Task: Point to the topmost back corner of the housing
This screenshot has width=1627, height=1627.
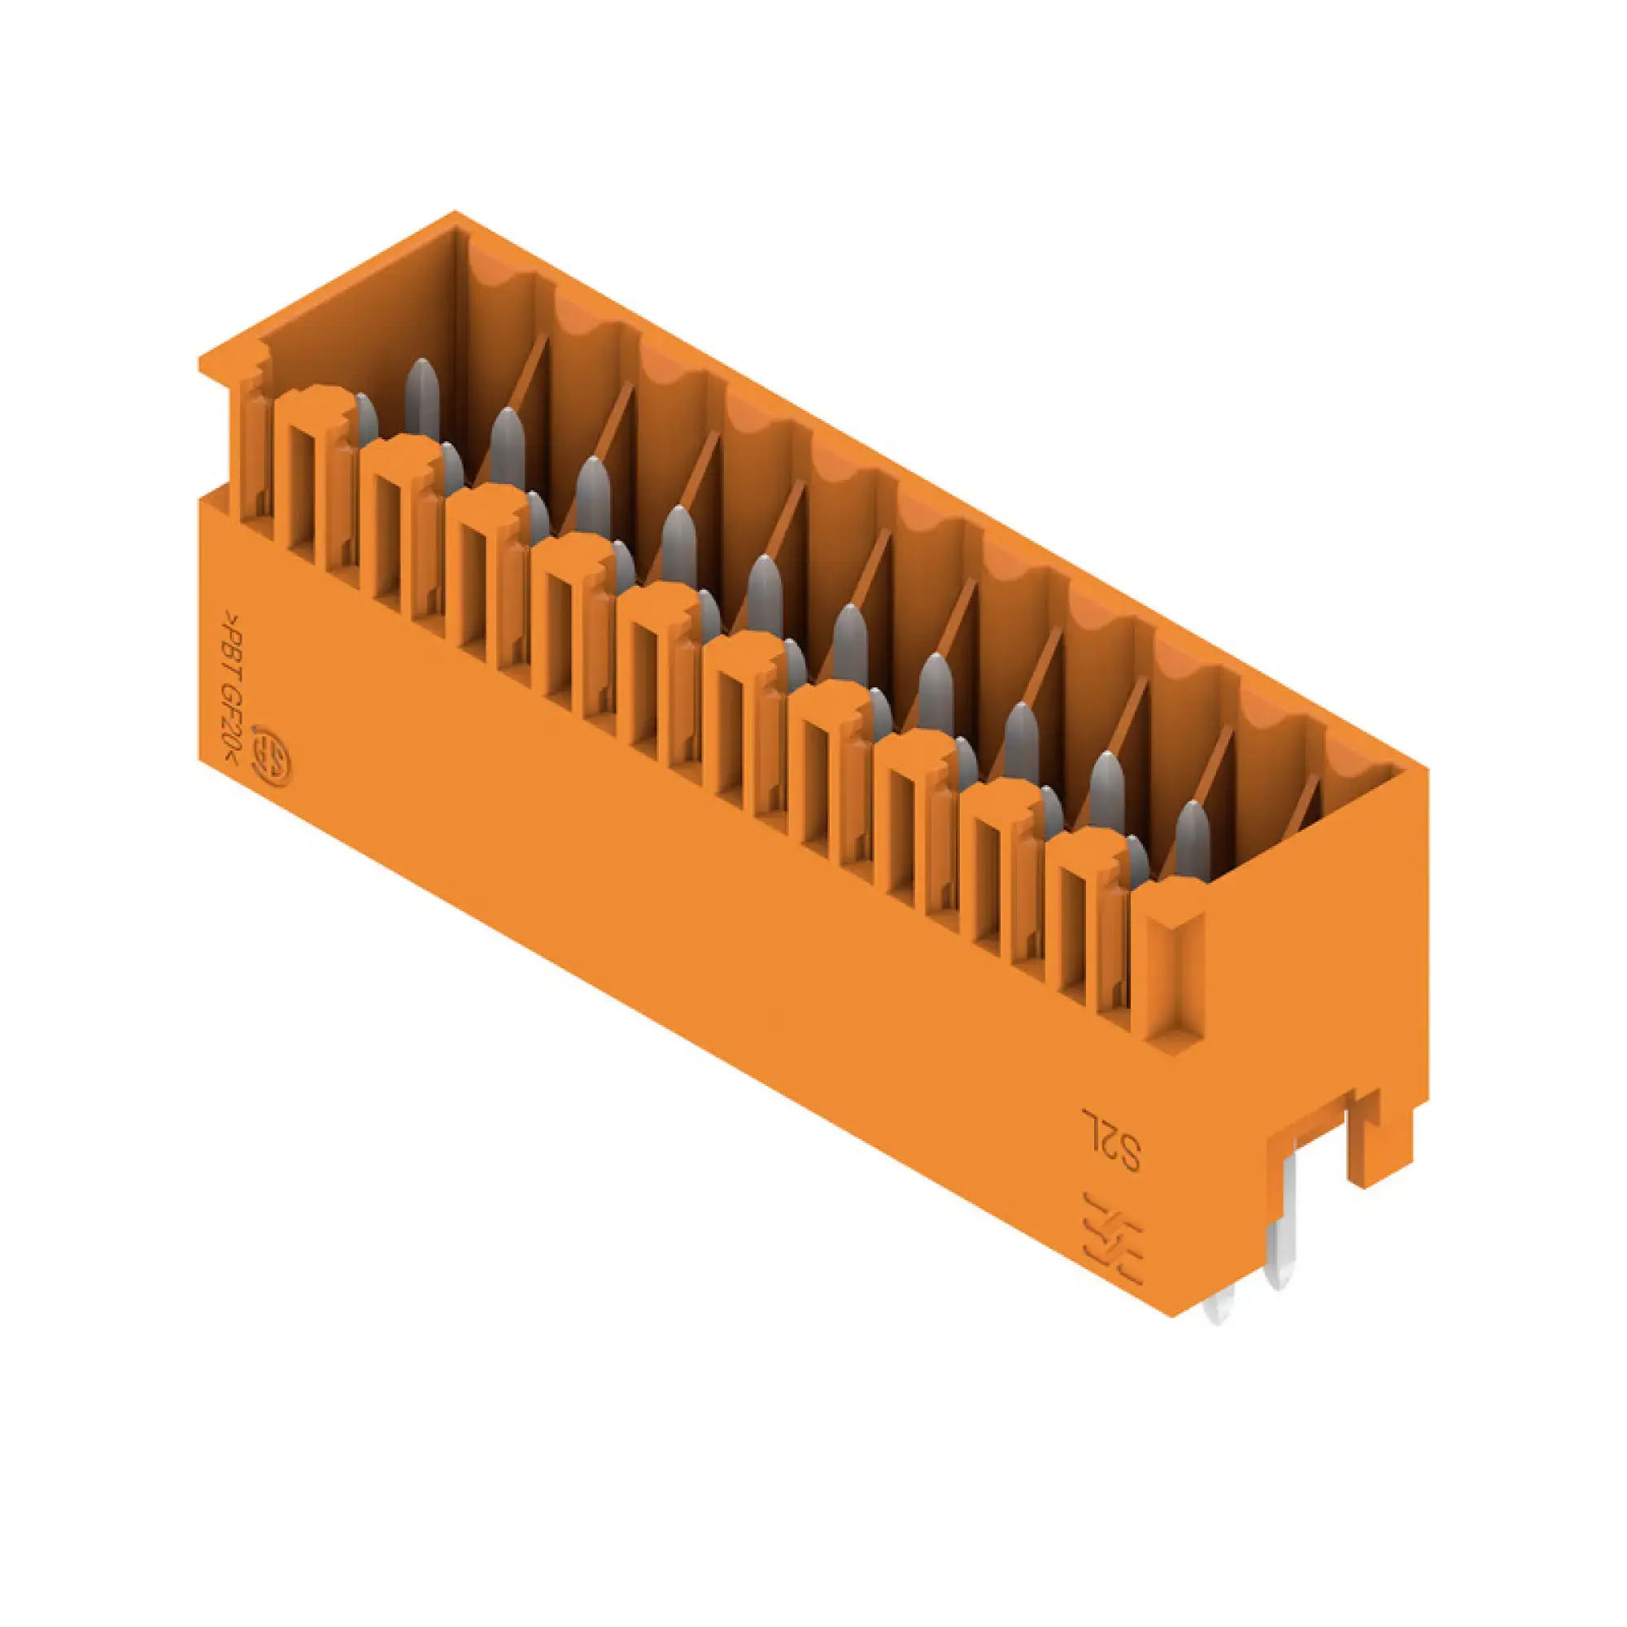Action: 455,214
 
